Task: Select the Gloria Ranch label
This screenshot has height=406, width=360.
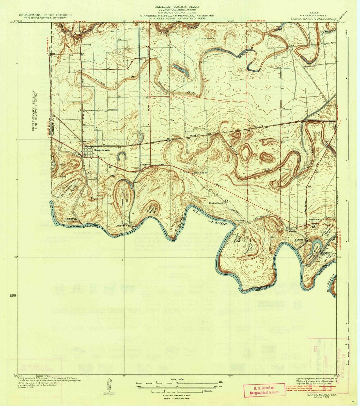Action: point(200,173)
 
